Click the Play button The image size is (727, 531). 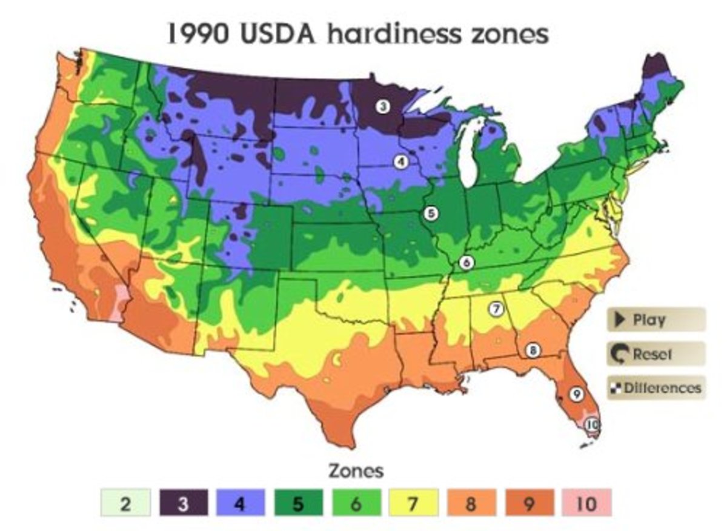(x=656, y=320)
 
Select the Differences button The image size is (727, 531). (x=656, y=387)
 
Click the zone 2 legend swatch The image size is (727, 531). (x=125, y=504)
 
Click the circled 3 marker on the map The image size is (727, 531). (x=382, y=107)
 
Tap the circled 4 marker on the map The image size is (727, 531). (x=400, y=162)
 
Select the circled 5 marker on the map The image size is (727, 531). (x=431, y=213)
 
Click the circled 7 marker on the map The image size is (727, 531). (x=496, y=309)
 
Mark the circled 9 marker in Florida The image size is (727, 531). (x=576, y=394)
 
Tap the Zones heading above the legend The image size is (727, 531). (x=356, y=471)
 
